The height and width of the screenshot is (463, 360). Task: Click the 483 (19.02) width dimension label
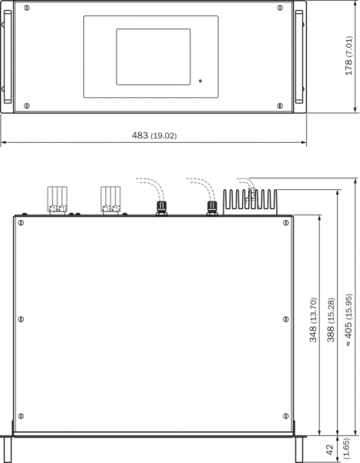pos(154,136)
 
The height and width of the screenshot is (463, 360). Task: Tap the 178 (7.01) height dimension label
pos(348,56)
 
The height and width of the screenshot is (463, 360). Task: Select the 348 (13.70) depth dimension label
pos(313,319)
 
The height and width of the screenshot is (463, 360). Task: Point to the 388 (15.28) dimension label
pos(331,319)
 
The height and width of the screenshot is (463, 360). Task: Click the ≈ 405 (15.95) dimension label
pos(348,319)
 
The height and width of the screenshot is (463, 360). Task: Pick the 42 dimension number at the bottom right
pos(331,449)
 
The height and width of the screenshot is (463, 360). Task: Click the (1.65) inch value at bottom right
pos(346,449)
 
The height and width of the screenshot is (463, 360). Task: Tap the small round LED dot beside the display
pos(200,80)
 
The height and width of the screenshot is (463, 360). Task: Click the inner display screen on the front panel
pos(153,56)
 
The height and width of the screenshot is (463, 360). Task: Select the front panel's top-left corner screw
pos(26,8)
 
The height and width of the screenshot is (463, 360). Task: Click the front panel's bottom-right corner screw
pos(280,106)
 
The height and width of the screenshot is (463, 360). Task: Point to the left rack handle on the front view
pos(8,56)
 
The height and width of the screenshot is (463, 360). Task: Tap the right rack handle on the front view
pos(299,56)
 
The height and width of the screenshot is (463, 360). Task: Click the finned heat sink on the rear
pos(250,202)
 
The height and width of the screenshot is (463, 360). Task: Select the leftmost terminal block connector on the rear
pos(57,199)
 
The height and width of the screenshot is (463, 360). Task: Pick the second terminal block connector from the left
pos(110,199)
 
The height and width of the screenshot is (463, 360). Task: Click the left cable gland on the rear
pos(161,208)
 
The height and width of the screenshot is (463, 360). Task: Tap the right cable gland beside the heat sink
pos(212,208)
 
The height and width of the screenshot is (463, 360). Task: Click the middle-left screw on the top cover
pos(21,319)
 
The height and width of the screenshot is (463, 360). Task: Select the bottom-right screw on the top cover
pos(286,416)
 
